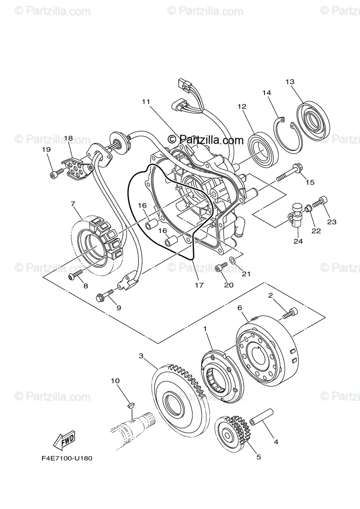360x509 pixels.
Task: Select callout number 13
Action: click(x=290, y=81)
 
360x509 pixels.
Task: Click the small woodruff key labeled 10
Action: click(x=131, y=405)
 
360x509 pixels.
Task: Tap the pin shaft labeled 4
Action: click(x=262, y=420)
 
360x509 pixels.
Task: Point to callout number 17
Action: click(x=199, y=285)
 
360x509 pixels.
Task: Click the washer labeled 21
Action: click(x=233, y=260)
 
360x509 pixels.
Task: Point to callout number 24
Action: click(x=297, y=242)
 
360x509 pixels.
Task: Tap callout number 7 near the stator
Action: click(x=73, y=204)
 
